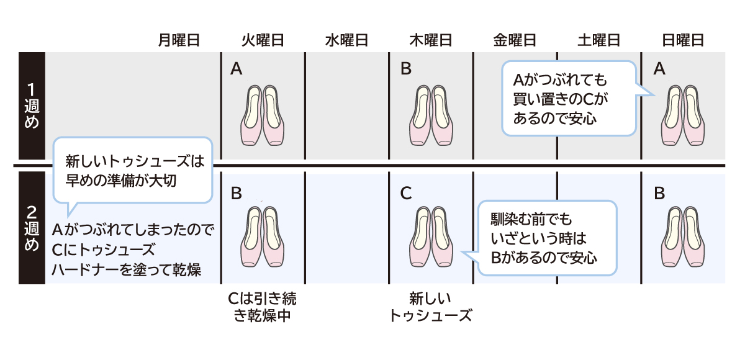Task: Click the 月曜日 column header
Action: point(179,41)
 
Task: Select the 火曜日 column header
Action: point(263,41)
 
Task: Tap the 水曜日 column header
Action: point(346,41)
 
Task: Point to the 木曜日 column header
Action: point(430,41)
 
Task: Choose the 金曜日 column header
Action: point(515,41)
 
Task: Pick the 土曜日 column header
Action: point(598,41)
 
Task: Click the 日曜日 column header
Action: point(682,41)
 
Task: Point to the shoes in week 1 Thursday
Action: point(431,115)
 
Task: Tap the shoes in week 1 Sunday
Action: point(682,115)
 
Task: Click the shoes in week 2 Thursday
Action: point(431,235)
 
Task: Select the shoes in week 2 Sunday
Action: point(682,235)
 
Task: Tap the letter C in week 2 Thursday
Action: point(406,193)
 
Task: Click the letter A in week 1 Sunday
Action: point(659,70)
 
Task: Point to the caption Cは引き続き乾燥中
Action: point(263,307)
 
